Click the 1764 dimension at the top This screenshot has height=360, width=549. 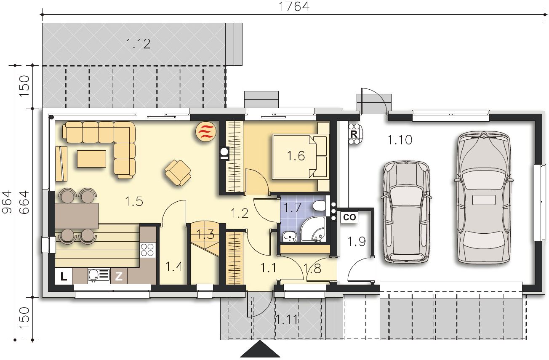tap(294, 6)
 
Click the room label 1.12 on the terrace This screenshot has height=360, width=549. tap(138, 44)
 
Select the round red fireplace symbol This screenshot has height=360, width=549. tap(206, 131)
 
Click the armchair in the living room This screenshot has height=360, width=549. tap(178, 173)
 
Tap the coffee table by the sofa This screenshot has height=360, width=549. tap(91, 159)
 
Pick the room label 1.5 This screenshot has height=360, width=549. tap(134, 201)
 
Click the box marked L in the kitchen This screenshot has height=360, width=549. tap(64, 277)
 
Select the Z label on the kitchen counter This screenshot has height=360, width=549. tap(119, 277)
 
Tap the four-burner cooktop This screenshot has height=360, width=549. tap(147, 250)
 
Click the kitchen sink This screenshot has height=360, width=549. tap(99, 275)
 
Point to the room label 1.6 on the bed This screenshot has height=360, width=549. tap(296, 156)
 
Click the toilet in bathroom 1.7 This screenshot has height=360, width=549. tap(320, 205)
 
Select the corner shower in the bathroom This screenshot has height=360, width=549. tap(313, 229)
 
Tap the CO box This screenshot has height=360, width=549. tap(349, 217)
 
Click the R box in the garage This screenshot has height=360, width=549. tap(354, 134)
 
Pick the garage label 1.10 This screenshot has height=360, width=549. tap(400, 140)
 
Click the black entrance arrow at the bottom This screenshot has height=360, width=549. tap(260, 349)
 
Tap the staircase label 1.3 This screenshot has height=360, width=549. tap(205, 234)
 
